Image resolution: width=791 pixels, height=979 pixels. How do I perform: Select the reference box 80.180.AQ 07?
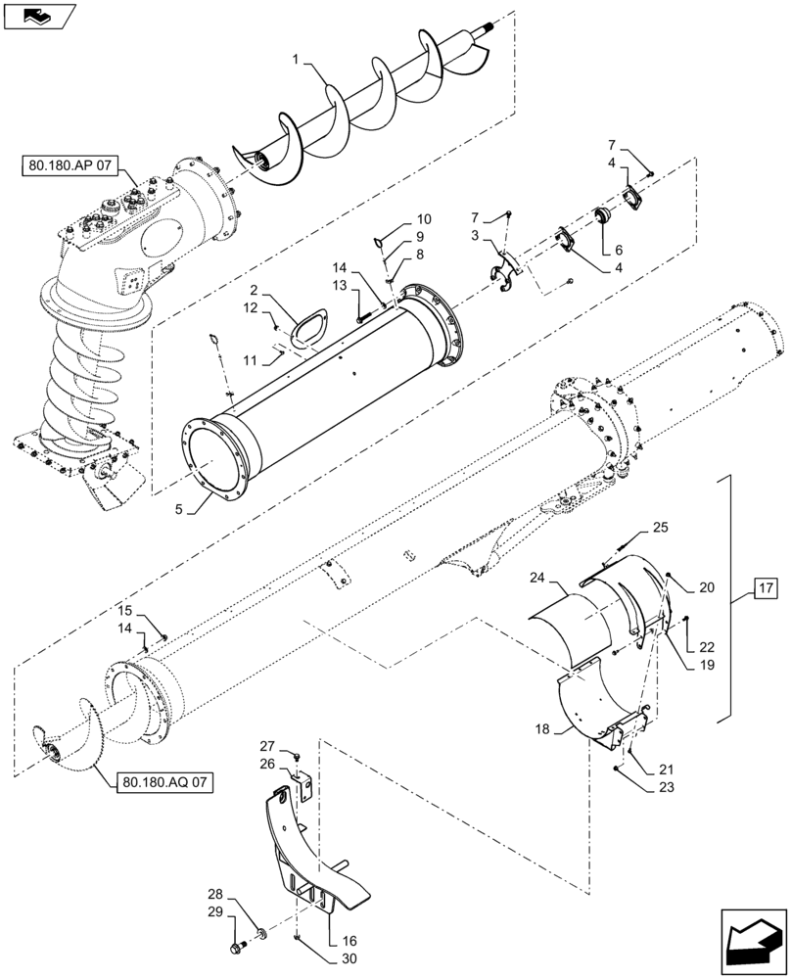tap(163, 781)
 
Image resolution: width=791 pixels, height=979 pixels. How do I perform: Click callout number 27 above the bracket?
tap(266, 746)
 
